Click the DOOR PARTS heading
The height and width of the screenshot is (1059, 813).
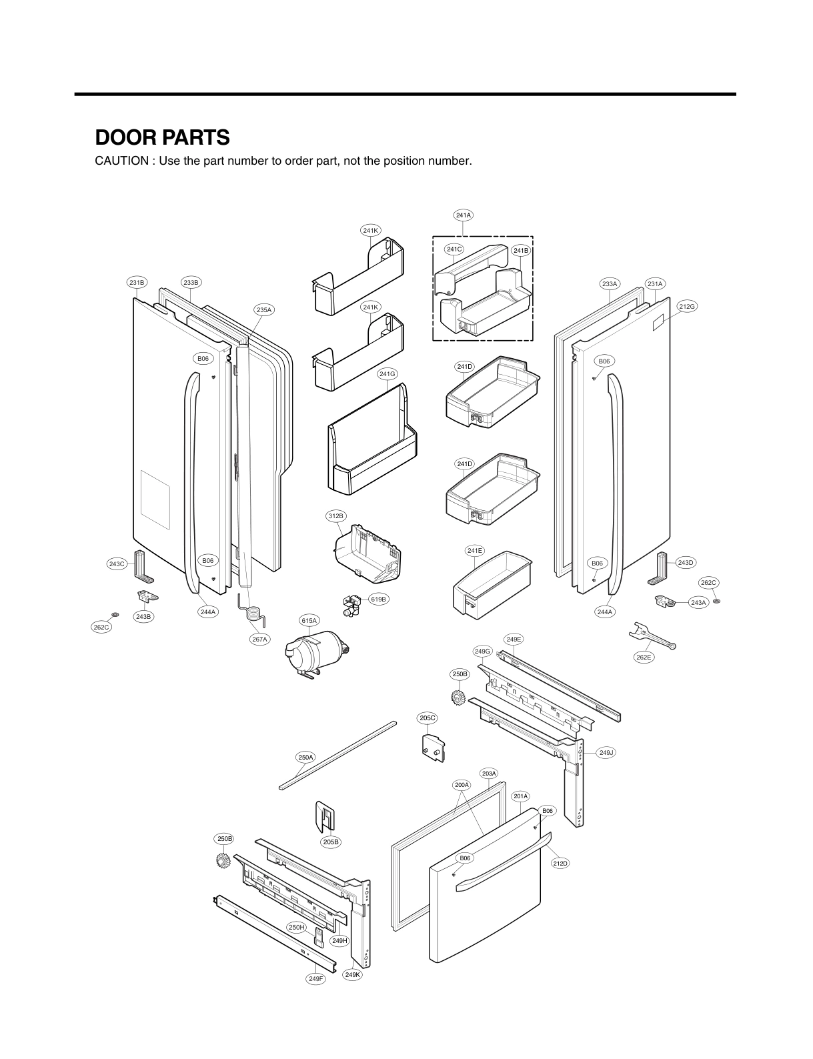(x=162, y=137)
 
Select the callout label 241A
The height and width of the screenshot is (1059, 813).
(x=463, y=215)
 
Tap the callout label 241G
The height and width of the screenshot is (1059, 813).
(x=387, y=374)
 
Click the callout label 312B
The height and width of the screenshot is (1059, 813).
(x=336, y=516)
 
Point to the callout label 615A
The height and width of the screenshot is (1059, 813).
(x=309, y=621)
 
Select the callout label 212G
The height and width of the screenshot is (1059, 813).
(x=687, y=306)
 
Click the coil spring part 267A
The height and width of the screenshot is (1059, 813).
(x=252, y=610)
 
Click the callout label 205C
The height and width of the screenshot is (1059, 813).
(x=428, y=718)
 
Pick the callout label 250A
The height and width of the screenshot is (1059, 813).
(x=305, y=758)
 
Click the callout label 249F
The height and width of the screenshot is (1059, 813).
(x=316, y=979)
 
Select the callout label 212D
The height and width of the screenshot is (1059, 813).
(x=560, y=864)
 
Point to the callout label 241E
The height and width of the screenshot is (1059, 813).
(x=475, y=551)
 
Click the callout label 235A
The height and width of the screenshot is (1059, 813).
(x=264, y=309)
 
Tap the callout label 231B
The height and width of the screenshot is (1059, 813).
(x=136, y=283)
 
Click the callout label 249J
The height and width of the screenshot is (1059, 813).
(x=606, y=752)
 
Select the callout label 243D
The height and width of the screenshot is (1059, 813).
(x=686, y=563)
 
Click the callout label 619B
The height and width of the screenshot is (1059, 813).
(x=378, y=600)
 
